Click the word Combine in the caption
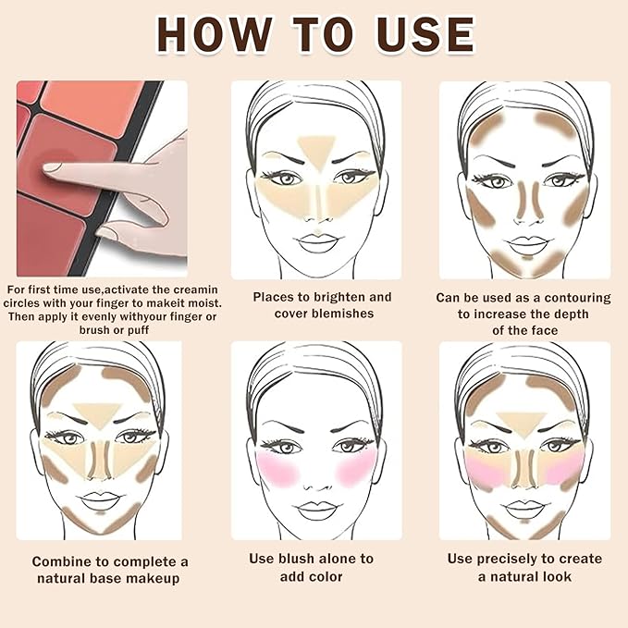click(x=61, y=561)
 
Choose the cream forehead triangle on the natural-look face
click(x=523, y=417)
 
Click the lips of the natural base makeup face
click(x=98, y=503)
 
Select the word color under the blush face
click(x=324, y=576)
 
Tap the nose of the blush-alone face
click(x=316, y=479)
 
